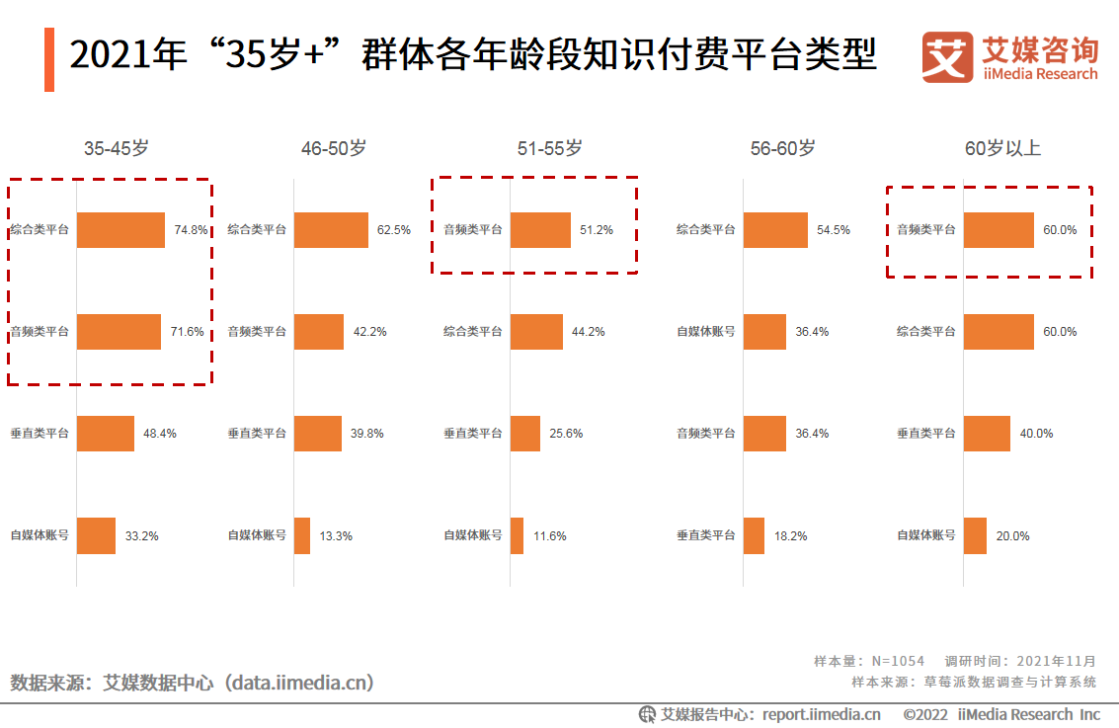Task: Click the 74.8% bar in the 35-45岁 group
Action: tap(120, 229)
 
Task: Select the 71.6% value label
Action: tap(187, 332)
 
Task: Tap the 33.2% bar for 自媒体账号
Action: tap(96, 535)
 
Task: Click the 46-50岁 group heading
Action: tap(334, 148)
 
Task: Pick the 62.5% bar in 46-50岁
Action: tap(331, 229)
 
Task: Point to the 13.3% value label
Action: tap(336, 535)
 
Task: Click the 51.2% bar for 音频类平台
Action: tap(540, 229)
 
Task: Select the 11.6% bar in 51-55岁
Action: tap(517, 535)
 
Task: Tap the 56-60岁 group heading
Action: tap(782, 148)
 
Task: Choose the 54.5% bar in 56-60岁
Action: tap(775, 229)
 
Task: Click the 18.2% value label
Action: tap(791, 535)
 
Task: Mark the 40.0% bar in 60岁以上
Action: tap(987, 434)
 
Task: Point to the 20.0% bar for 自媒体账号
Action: tap(975, 535)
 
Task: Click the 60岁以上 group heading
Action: tap(1002, 148)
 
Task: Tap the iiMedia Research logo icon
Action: tap(947, 57)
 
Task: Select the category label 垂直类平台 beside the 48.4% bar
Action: tap(40, 434)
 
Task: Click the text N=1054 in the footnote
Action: tap(897, 661)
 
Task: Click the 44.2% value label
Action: tap(588, 332)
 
